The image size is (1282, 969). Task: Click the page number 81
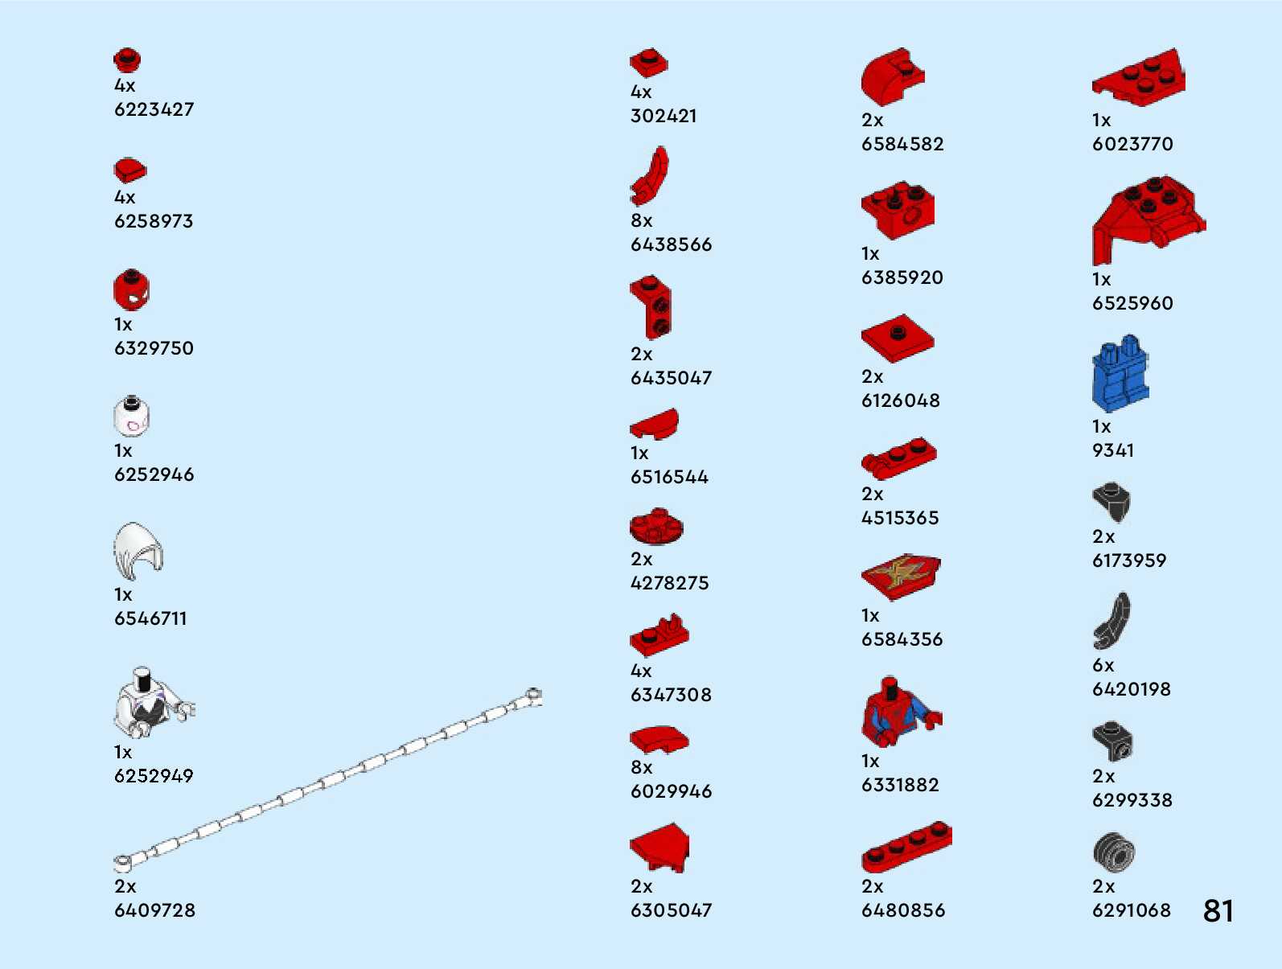pyautogui.click(x=1218, y=911)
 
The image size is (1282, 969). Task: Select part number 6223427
pyautogui.click(x=154, y=109)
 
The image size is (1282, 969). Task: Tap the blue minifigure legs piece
pyautogui.click(x=1120, y=374)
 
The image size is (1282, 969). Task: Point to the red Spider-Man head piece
pyautogui.click(x=131, y=290)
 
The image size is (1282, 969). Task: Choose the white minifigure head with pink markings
pyautogui.click(x=131, y=417)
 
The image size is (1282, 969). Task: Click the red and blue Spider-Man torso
pyautogui.click(x=895, y=712)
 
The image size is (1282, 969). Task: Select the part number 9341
pyautogui.click(x=1112, y=451)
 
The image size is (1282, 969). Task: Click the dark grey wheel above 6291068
pyautogui.click(x=1113, y=852)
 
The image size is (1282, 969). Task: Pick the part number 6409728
pyautogui.click(x=154, y=910)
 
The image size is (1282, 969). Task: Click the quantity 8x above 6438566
pyautogui.click(x=641, y=220)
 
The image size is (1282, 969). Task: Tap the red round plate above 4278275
pyautogui.click(x=656, y=527)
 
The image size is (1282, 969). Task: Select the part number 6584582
pyautogui.click(x=902, y=145)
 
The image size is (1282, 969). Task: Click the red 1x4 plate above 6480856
pyautogui.click(x=906, y=848)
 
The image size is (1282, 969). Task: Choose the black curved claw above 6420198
pyautogui.click(x=1111, y=620)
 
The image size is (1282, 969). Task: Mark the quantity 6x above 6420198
pyautogui.click(x=1103, y=666)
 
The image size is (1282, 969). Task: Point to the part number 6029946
pyautogui.click(x=671, y=792)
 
